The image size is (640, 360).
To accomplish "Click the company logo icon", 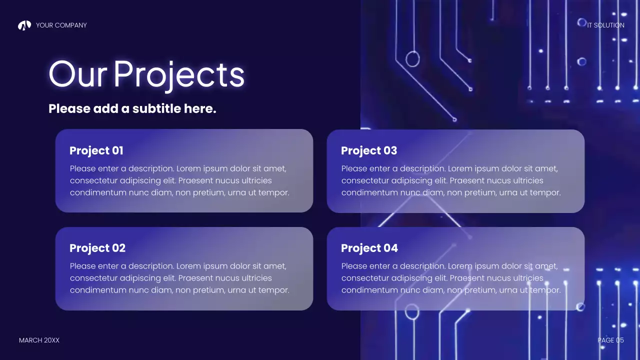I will point(24,25).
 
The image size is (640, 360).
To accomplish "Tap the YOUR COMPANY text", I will point(61,25).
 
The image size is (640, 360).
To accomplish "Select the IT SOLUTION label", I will point(605,25).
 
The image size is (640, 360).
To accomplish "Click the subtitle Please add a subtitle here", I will point(132,108).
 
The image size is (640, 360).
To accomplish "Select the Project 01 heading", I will point(96,150).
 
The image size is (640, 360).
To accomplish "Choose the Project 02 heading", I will point(97,248).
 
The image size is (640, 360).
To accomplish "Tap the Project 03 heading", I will point(369,150).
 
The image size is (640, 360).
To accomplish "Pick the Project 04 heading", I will point(369,248).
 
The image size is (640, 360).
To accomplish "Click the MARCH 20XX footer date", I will point(39,340).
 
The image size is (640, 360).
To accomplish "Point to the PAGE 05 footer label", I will point(610,340).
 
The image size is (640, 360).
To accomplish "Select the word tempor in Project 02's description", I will point(273,290).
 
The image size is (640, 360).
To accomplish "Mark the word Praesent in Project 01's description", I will point(195,180).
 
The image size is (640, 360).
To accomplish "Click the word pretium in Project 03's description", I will point(468,192).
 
